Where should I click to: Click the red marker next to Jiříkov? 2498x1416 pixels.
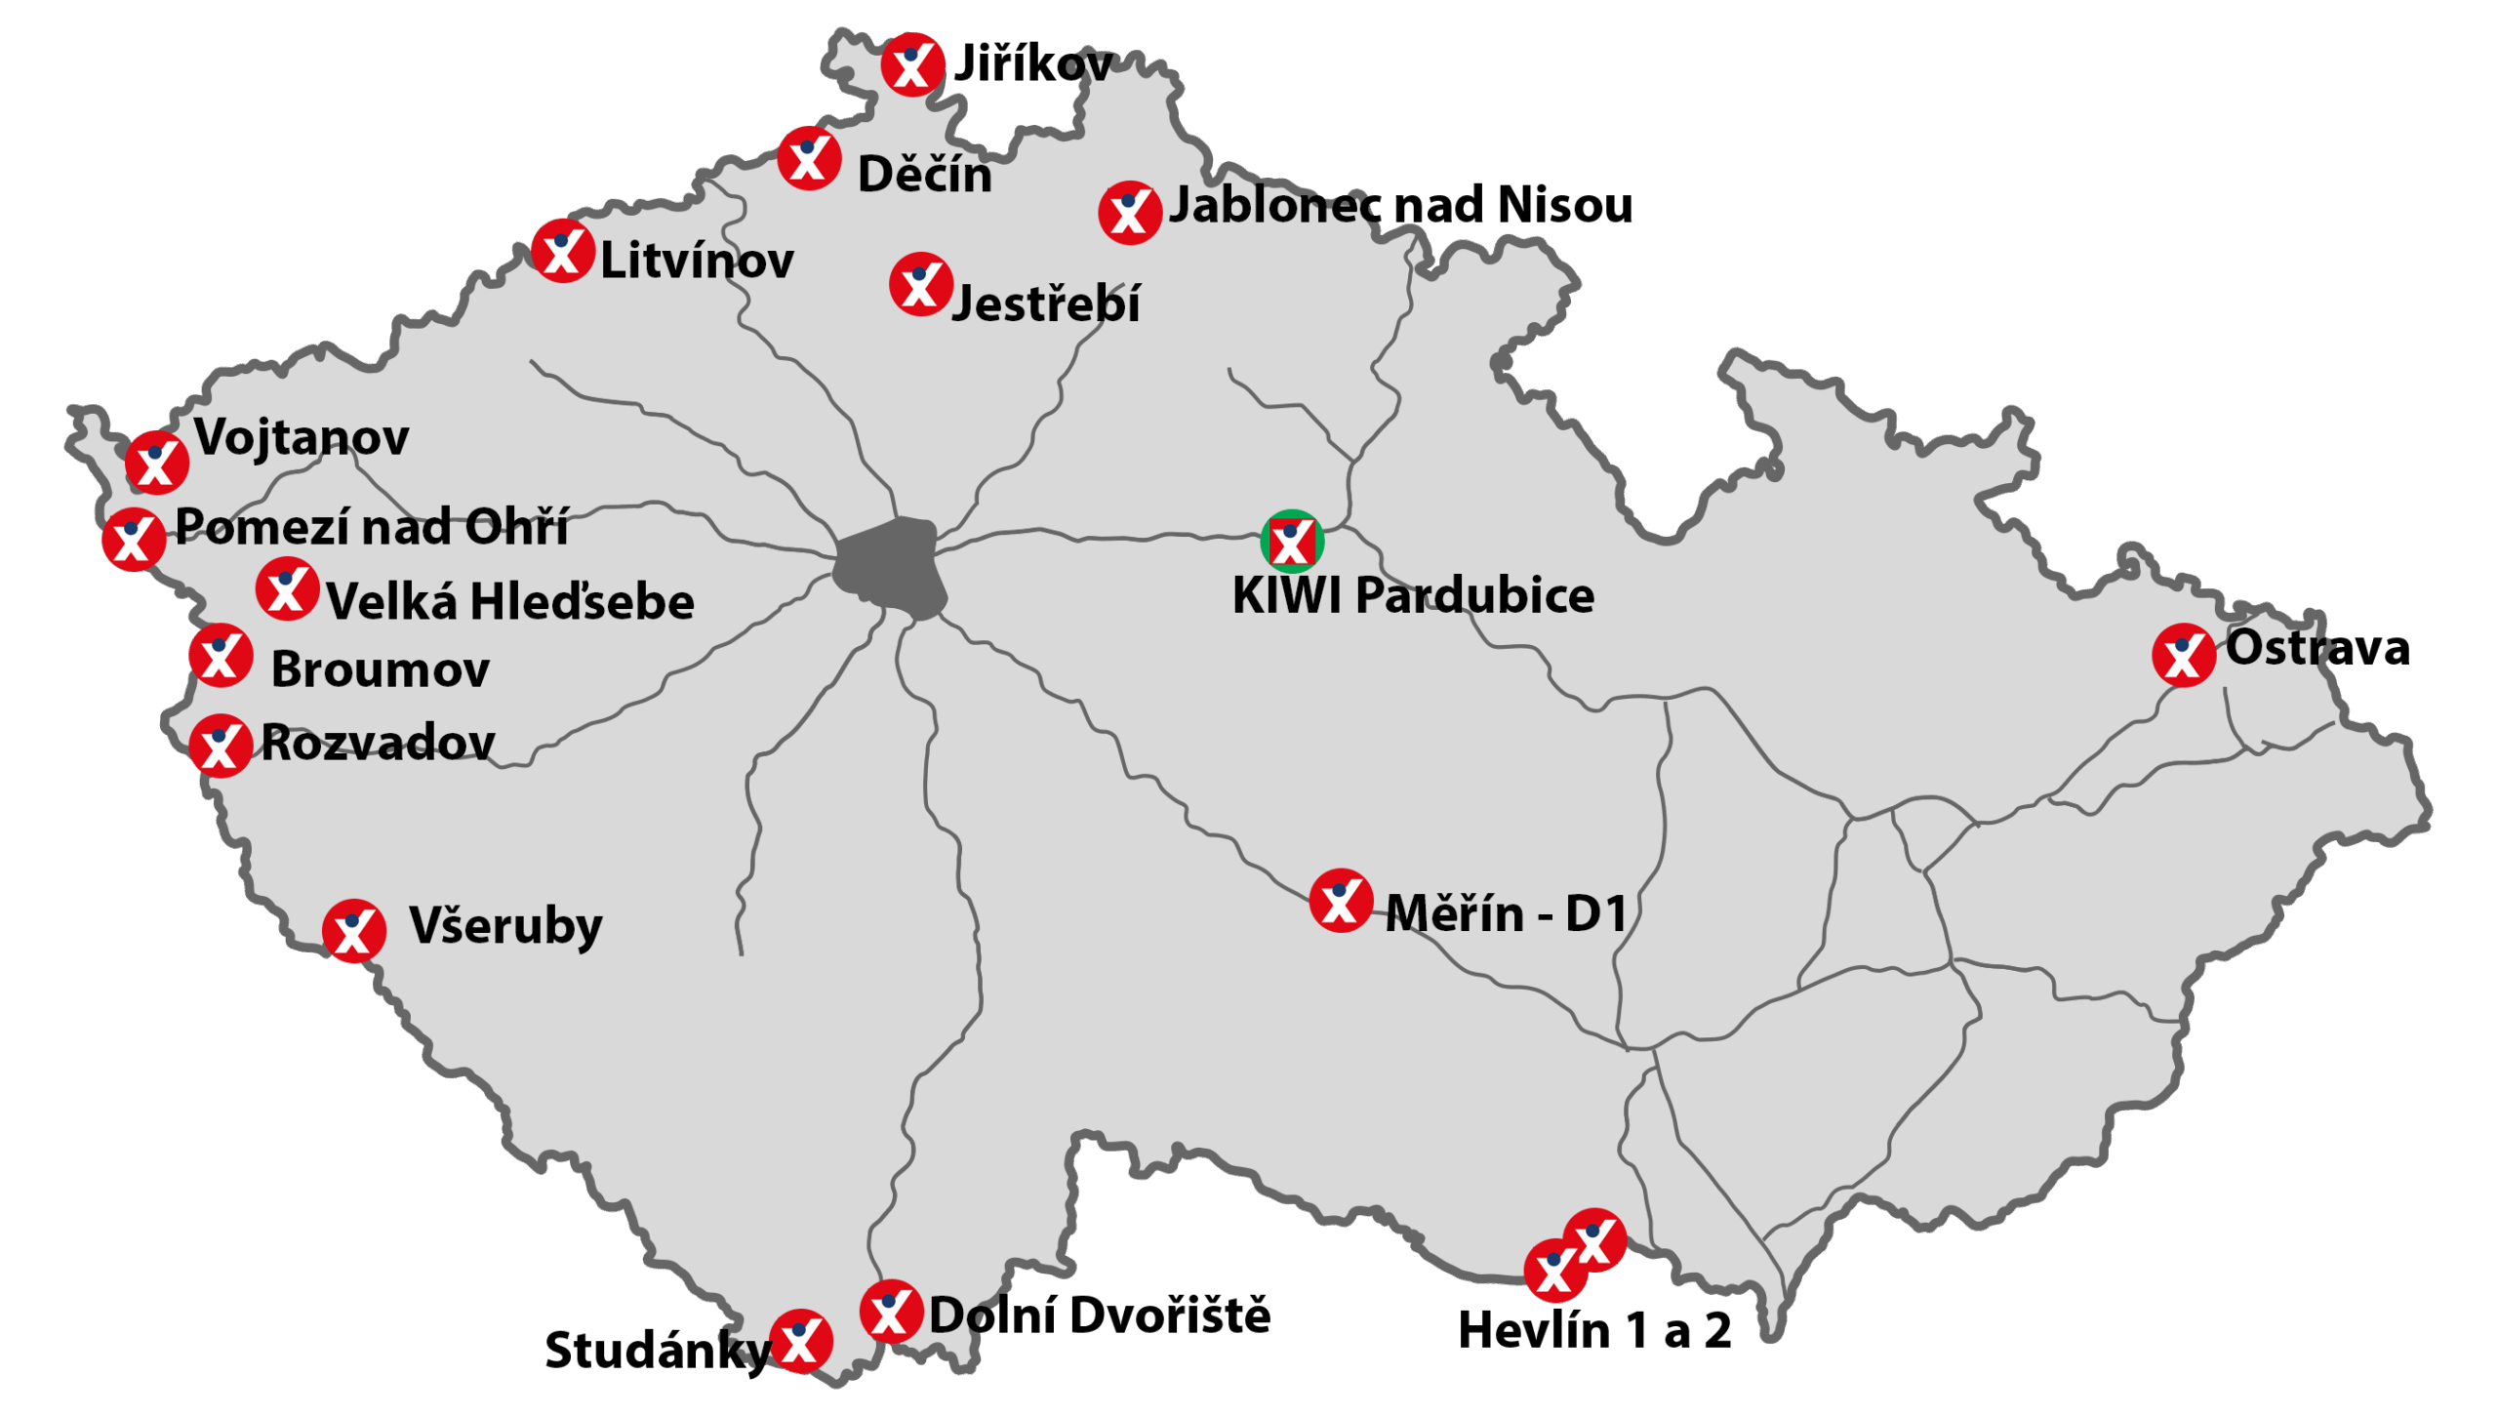tap(911, 65)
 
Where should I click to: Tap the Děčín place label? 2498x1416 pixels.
tap(924, 175)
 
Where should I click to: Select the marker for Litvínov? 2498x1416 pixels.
tap(563, 251)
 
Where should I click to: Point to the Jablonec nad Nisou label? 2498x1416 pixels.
tap(1400, 205)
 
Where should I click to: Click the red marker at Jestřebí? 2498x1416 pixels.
tap(920, 285)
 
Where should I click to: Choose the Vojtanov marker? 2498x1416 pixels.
tap(156, 462)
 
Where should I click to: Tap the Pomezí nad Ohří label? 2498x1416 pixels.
tap(371, 527)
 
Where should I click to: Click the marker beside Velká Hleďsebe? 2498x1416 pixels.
tap(287, 588)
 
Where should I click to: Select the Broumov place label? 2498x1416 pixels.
tap(380, 669)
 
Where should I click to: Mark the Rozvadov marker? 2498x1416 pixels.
tap(221, 746)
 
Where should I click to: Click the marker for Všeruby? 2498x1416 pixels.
tap(353, 931)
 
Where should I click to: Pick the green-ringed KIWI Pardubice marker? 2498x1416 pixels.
tap(1291, 541)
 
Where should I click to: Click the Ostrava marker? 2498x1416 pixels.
tap(2183, 655)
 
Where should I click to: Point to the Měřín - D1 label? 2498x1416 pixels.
tap(1506, 913)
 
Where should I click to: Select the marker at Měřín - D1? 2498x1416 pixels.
tap(1341, 900)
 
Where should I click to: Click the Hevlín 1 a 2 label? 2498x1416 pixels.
tap(1594, 1330)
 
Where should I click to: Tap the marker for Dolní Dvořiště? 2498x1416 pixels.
tap(891, 1311)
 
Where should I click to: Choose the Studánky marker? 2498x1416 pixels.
tap(800, 1341)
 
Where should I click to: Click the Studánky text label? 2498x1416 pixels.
tap(658, 1351)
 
